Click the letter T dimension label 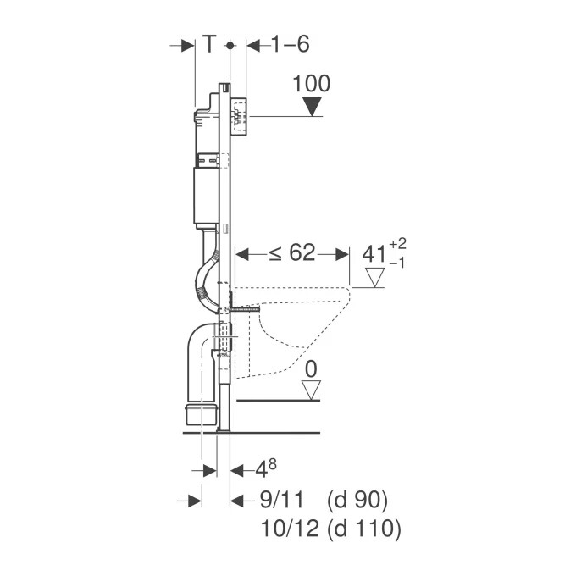(x=208, y=44)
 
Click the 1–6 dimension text (x=290, y=44)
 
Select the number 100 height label (x=312, y=84)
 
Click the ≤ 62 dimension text (x=291, y=252)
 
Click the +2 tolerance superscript (x=397, y=244)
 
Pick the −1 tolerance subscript (x=397, y=263)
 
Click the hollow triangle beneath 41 (x=374, y=276)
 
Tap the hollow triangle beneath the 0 (x=313, y=390)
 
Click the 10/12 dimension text (x=286, y=530)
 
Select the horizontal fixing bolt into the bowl (x=241, y=312)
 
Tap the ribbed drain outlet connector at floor (x=200, y=414)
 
